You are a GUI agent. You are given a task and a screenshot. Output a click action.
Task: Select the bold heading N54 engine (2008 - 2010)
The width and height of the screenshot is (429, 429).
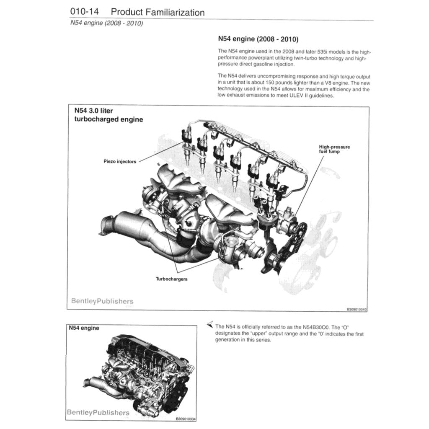point(258,39)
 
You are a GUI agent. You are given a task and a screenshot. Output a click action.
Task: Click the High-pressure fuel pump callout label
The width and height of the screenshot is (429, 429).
point(334,149)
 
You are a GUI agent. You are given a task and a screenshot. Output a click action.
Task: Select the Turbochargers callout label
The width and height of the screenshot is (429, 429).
point(171,279)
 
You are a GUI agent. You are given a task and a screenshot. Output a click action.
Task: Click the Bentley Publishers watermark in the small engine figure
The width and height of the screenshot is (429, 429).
point(98,413)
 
